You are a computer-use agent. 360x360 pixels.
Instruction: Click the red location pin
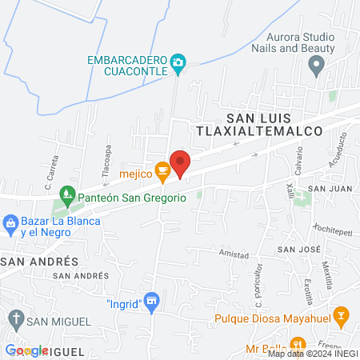[x=180, y=164]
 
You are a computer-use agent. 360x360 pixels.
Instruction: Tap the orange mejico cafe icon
[x=162, y=170]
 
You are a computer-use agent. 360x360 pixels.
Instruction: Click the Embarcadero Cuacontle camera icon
[x=179, y=61]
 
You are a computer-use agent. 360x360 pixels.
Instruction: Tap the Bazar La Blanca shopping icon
[x=10, y=222]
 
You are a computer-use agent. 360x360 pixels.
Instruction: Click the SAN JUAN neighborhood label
[x=330, y=189]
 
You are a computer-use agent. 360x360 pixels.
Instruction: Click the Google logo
[x=26, y=350]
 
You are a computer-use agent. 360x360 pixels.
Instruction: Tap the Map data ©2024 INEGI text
[x=311, y=354]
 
